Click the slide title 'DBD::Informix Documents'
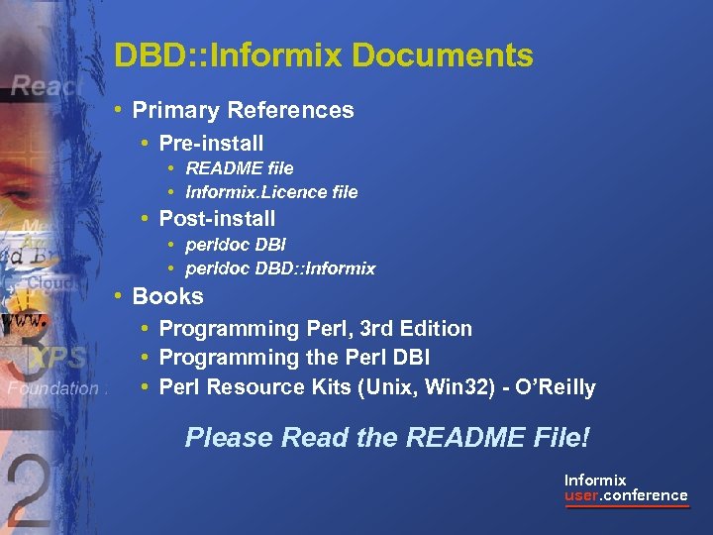tap(324, 55)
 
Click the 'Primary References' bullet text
tap(243, 110)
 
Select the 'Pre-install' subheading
tap(211, 143)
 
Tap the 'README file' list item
tap(240, 168)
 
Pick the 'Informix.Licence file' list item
tap(271, 192)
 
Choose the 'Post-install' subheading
tap(217, 218)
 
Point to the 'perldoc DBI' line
tap(236, 244)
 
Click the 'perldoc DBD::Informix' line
tap(280, 268)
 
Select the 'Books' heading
tap(167, 296)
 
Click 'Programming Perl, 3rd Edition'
tap(315, 328)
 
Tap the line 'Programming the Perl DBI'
tap(294, 358)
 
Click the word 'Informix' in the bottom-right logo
tap(595, 481)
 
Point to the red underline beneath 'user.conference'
tap(626, 507)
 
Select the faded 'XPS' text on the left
tap(58, 358)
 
